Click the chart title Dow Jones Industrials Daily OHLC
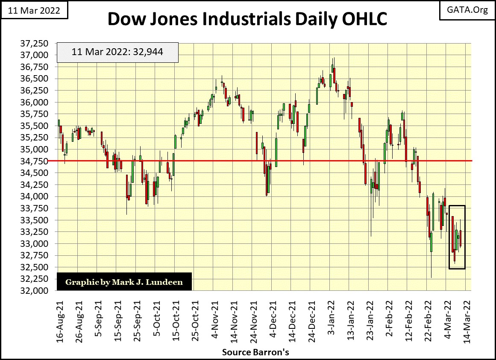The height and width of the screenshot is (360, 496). (247, 20)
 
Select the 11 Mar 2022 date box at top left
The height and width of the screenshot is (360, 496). (34, 10)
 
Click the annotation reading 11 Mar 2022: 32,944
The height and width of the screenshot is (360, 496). (117, 53)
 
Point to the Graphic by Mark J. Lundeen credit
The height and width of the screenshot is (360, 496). (123, 282)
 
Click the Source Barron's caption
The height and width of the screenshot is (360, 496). (255, 352)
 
